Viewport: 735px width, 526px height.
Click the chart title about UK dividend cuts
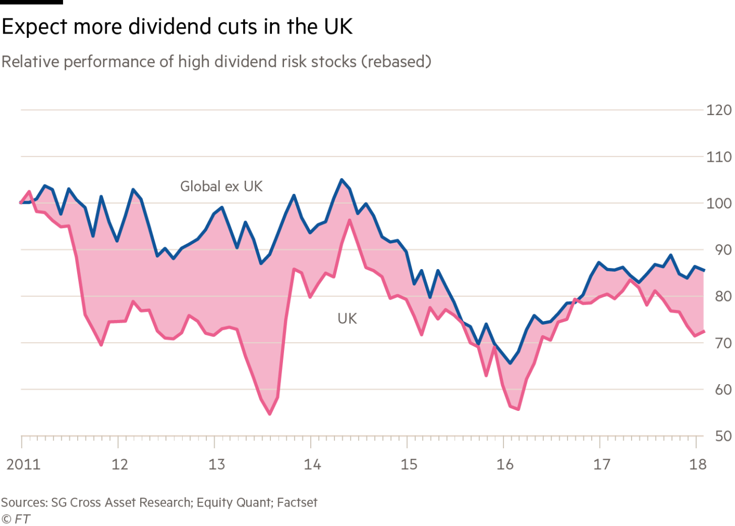tap(177, 27)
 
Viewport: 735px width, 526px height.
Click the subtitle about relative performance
tap(216, 62)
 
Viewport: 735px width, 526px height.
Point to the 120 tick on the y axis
tap(719, 110)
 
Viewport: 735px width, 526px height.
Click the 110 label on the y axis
tap(719, 157)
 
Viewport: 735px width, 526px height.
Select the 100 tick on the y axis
tap(719, 203)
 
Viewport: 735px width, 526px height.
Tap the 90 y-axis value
tap(722, 250)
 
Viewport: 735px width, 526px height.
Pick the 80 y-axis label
tap(722, 296)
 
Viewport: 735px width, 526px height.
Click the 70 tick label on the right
tap(722, 343)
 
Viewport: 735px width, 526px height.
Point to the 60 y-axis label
tap(722, 389)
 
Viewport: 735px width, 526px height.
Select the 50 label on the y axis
tap(722, 436)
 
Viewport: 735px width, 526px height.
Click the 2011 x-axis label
tap(23, 465)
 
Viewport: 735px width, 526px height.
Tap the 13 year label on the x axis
tap(216, 465)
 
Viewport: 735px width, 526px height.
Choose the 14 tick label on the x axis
tap(312, 465)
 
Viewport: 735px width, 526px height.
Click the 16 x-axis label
tap(505, 465)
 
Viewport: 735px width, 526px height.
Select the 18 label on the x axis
tap(698, 465)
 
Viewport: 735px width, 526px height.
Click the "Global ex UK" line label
tap(220, 186)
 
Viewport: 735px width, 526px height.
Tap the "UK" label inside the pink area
tap(347, 318)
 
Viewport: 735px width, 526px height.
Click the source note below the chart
tap(159, 503)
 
